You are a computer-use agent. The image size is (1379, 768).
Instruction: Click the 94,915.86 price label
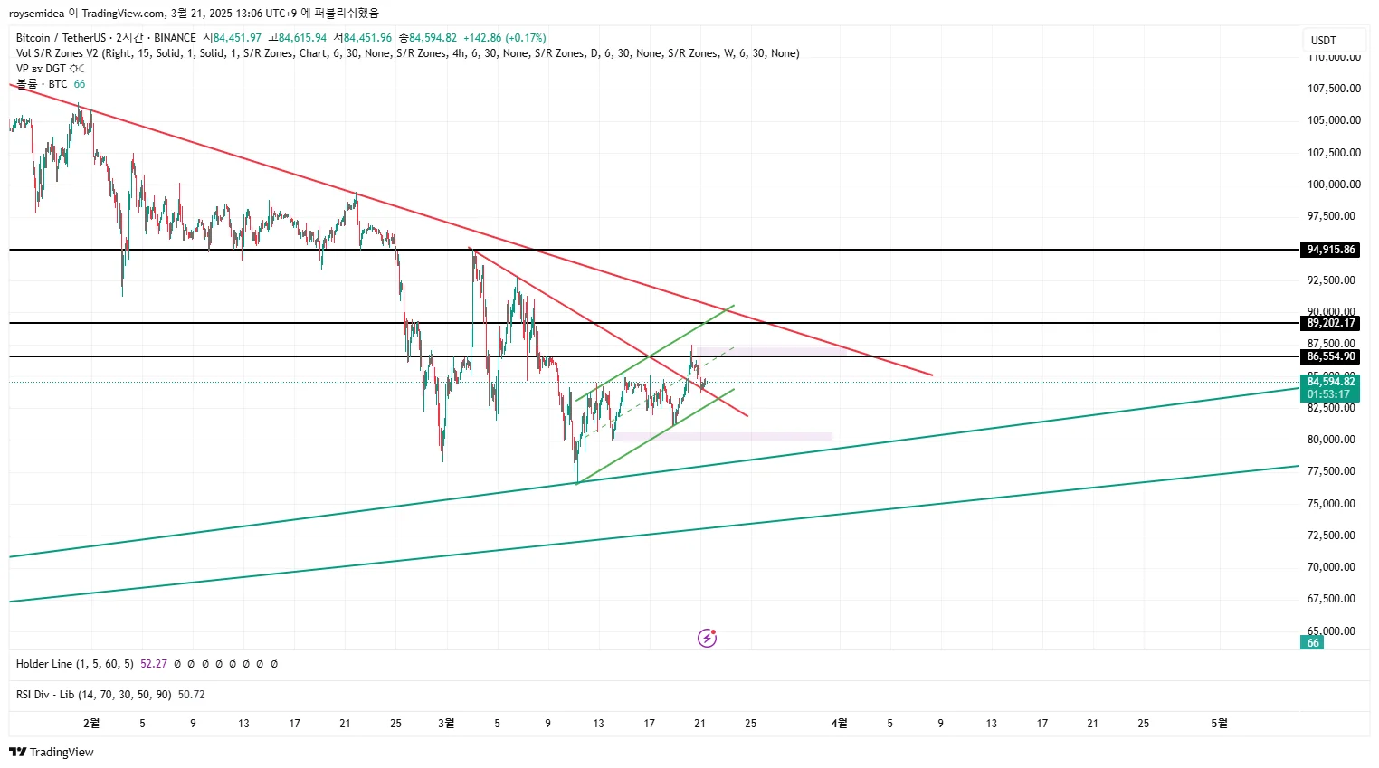tap(1331, 250)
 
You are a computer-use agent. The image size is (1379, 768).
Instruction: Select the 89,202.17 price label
tap(1331, 323)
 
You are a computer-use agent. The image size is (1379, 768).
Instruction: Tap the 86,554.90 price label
tap(1331, 356)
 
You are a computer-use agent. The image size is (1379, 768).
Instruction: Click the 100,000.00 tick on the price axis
tap(1334, 185)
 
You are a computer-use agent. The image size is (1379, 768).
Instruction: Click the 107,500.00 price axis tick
tap(1334, 89)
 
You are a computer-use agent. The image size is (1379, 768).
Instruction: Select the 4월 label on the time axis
tap(840, 724)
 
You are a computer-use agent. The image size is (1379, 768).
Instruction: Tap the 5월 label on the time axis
tap(1220, 724)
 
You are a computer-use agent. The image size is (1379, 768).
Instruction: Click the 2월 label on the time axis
tap(91, 724)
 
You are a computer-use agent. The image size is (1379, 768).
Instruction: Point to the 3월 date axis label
tap(446, 724)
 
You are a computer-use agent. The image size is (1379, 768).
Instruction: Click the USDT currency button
tap(1324, 41)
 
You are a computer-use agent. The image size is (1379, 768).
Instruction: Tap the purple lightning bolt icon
tap(708, 639)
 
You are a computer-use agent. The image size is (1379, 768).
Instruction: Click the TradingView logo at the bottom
tap(52, 753)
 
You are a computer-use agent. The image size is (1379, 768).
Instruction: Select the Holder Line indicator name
tap(74, 664)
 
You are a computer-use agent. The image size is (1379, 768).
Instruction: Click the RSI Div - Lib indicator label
tap(93, 695)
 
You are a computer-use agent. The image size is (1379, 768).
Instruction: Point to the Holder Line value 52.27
tap(154, 664)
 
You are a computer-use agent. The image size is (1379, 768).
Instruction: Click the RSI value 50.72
tap(191, 695)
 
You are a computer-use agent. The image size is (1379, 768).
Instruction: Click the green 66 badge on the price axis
tap(1313, 643)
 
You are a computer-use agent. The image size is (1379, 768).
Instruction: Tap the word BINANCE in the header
tap(175, 38)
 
